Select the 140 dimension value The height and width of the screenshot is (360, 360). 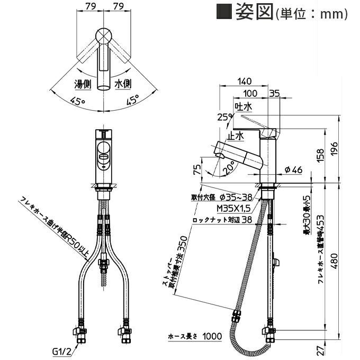[244, 82]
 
